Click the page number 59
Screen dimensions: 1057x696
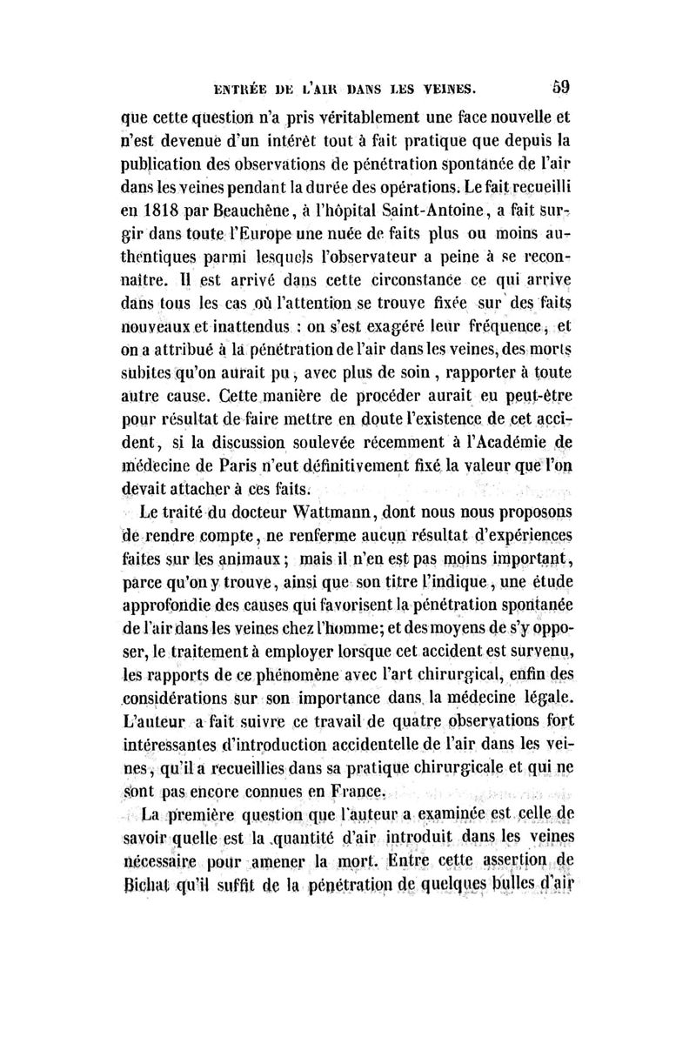[559, 86]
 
